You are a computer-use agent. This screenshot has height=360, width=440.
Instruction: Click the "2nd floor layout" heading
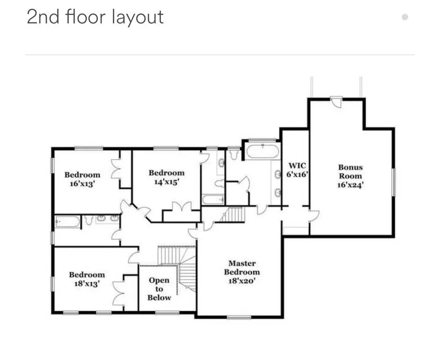pyautogui.click(x=95, y=17)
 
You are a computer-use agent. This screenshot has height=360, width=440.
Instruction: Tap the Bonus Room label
pyautogui.click(x=350, y=172)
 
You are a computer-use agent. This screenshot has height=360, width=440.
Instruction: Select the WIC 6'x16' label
pyautogui.click(x=297, y=170)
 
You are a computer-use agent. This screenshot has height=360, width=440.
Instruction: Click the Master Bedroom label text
pyautogui.click(x=242, y=268)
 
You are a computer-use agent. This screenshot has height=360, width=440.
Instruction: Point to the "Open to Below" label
pyautogui.click(x=159, y=289)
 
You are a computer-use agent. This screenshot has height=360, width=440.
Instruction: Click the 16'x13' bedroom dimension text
pyautogui.click(x=82, y=184)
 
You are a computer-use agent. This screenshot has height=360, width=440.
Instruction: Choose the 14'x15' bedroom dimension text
pyautogui.click(x=167, y=182)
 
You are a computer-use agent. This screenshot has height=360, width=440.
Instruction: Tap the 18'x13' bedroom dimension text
pyautogui.click(x=87, y=283)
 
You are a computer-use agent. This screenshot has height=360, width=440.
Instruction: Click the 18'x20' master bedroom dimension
pyautogui.click(x=242, y=281)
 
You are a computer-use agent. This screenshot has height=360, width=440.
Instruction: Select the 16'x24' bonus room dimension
pyautogui.click(x=350, y=185)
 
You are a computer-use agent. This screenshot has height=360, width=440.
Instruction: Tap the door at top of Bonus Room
pyautogui.click(x=336, y=102)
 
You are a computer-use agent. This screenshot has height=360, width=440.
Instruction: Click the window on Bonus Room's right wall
pyautogui.click(x=394, y=182)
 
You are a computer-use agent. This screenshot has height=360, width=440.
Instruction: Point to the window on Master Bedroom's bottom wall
pyautogui.click(x=239, y=317)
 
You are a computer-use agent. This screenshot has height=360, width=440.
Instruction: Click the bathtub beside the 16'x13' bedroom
pyautogui.click(x=68, y=222)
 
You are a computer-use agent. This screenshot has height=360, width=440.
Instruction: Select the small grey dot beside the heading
pyautogui.click(x=405, y=17)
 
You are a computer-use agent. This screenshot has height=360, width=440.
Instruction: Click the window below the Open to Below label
pyautogui.click(x=167, y=313)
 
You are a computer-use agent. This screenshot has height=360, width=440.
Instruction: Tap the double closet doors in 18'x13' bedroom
pyautogui.click(x=119, y=292)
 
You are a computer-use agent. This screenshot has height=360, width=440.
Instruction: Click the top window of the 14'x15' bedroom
pyautogui.click(x=166, y=148)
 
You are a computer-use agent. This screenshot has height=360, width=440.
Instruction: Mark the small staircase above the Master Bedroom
pyautogui.click(x=234, y=214)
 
